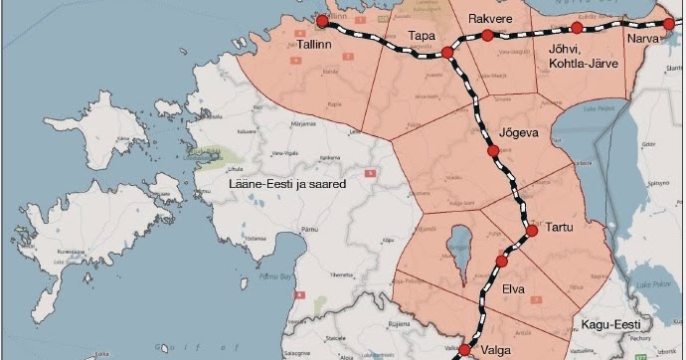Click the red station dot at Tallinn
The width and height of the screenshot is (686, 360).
click(322, 20)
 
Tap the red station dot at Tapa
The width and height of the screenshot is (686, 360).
click(447, 51)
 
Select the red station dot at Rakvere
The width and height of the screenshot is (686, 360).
click(487, 35)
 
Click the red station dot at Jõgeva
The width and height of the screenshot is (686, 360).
click(493, 151)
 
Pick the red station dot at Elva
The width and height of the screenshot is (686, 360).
click(502, 262)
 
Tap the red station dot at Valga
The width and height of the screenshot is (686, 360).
click(464, 350)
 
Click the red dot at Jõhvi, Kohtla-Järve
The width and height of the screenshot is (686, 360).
click(577, 28)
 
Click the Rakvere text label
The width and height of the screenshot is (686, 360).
click(490, 15)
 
